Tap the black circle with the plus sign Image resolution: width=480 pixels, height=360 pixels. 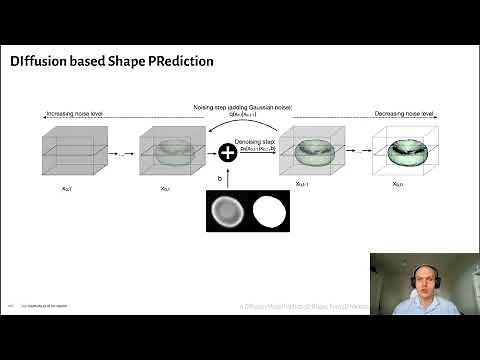tap(227, 152)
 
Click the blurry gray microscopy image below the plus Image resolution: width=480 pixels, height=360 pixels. tap(225, 212)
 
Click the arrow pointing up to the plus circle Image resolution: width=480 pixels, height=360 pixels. tap(227, 177)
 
